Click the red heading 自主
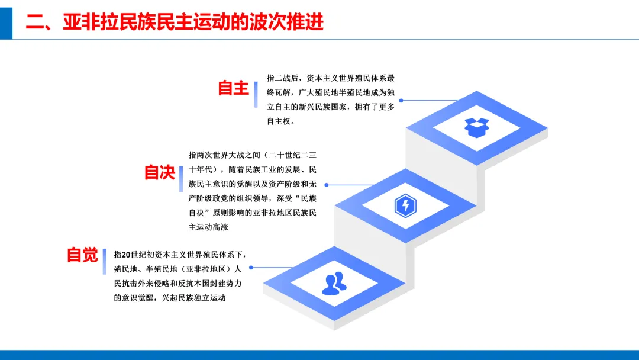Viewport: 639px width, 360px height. point(233,88)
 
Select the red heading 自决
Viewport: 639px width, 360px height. point(160,172)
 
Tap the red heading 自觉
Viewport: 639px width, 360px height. point(82,255)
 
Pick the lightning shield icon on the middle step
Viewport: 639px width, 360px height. point(405,205)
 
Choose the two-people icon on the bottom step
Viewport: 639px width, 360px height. point(334,284)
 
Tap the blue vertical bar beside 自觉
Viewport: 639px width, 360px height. point(105,261)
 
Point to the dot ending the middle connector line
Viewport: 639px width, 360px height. point(326,185)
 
